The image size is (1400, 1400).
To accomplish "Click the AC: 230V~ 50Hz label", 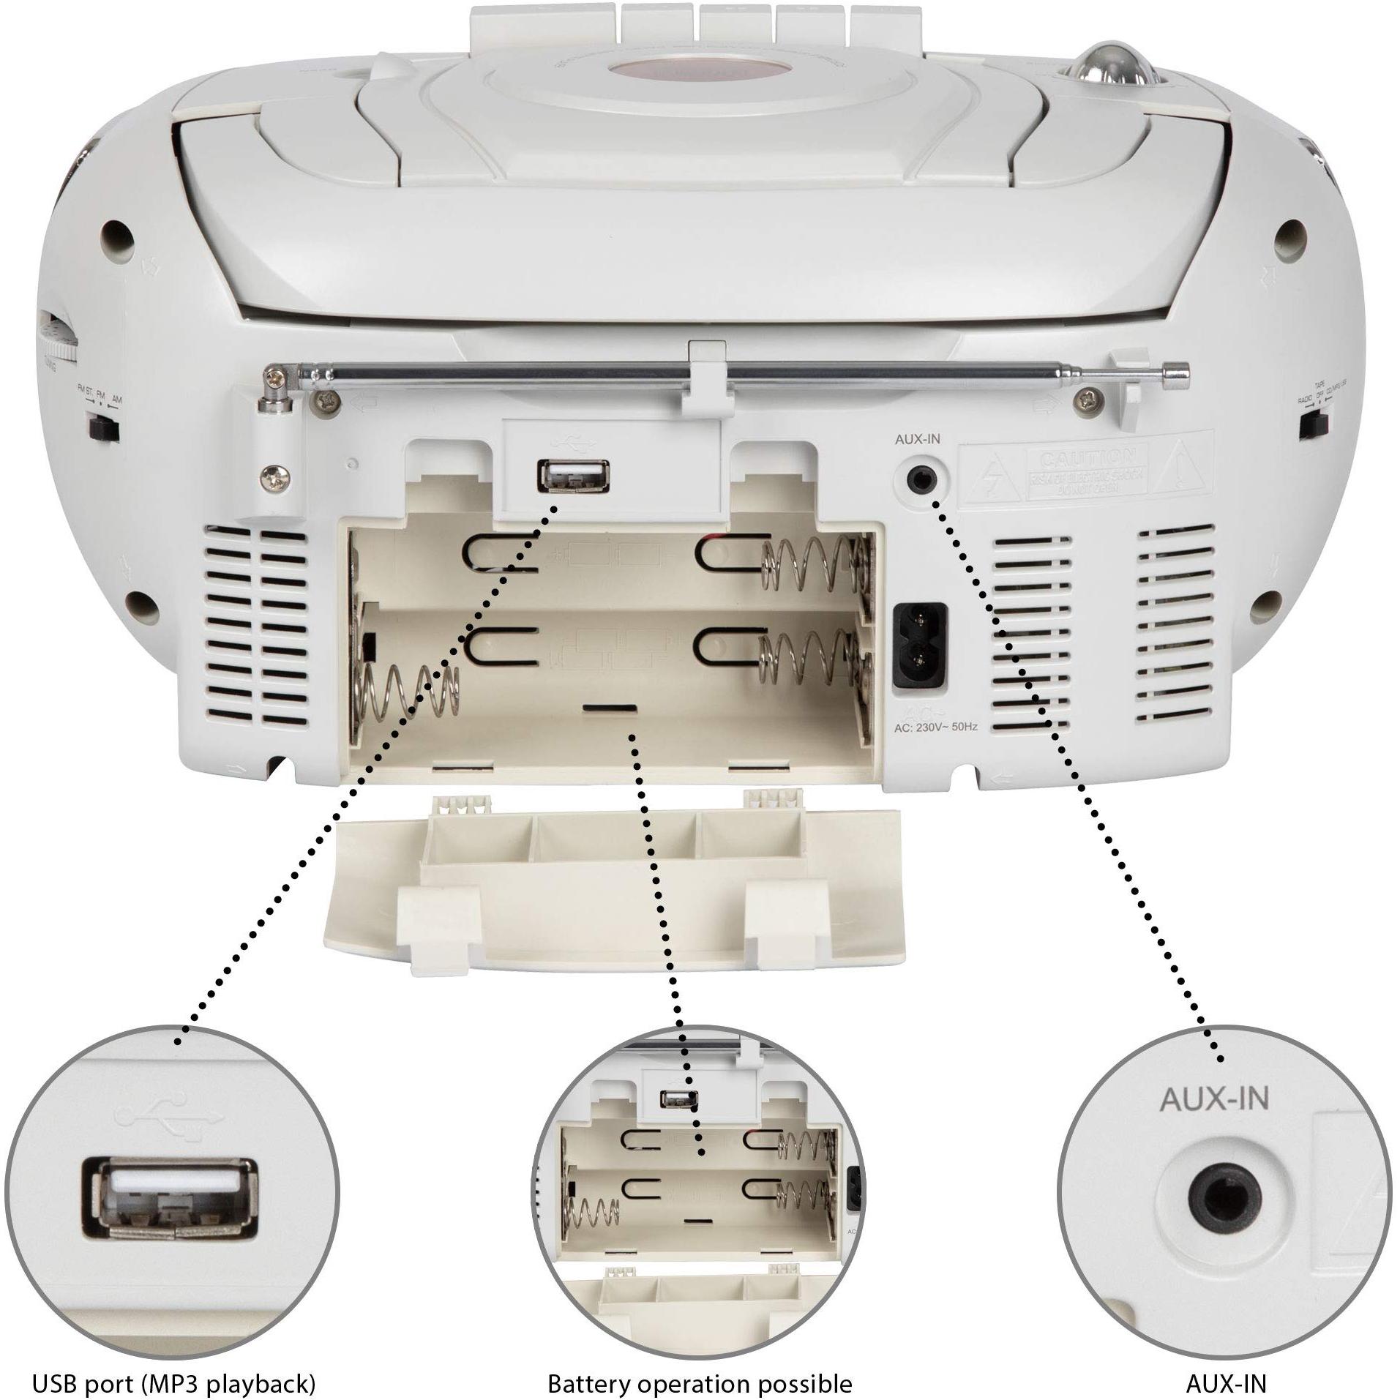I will (x=935, y=727).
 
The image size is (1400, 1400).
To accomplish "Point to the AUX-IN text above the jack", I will (x=917, y=440).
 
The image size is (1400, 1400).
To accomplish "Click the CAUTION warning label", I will (x=1090, y=471).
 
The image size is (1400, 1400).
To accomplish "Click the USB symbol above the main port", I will (x=573, y=442).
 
